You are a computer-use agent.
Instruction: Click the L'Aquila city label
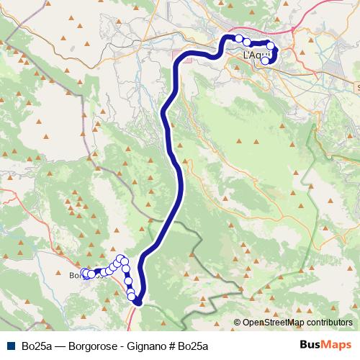click(x=256, y=55)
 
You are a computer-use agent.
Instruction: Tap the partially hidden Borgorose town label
click(x=75, y=274)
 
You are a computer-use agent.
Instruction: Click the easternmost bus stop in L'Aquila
click(x=271, y=47)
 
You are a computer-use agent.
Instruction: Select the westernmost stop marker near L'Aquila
click(x=238, y=38)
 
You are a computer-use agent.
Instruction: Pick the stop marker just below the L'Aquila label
click(x=265, y=60)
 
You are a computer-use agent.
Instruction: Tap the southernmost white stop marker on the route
click(x=132, y=296)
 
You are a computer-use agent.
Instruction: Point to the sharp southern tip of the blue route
click(x=138, y=302)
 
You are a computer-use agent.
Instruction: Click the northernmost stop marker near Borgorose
click(x=120, y=258)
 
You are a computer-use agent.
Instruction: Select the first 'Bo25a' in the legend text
click(x=37, y=344)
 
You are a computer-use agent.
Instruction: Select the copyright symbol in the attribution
click(x=237, y=323)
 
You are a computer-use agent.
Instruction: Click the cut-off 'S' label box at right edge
click(x=358, y=85)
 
